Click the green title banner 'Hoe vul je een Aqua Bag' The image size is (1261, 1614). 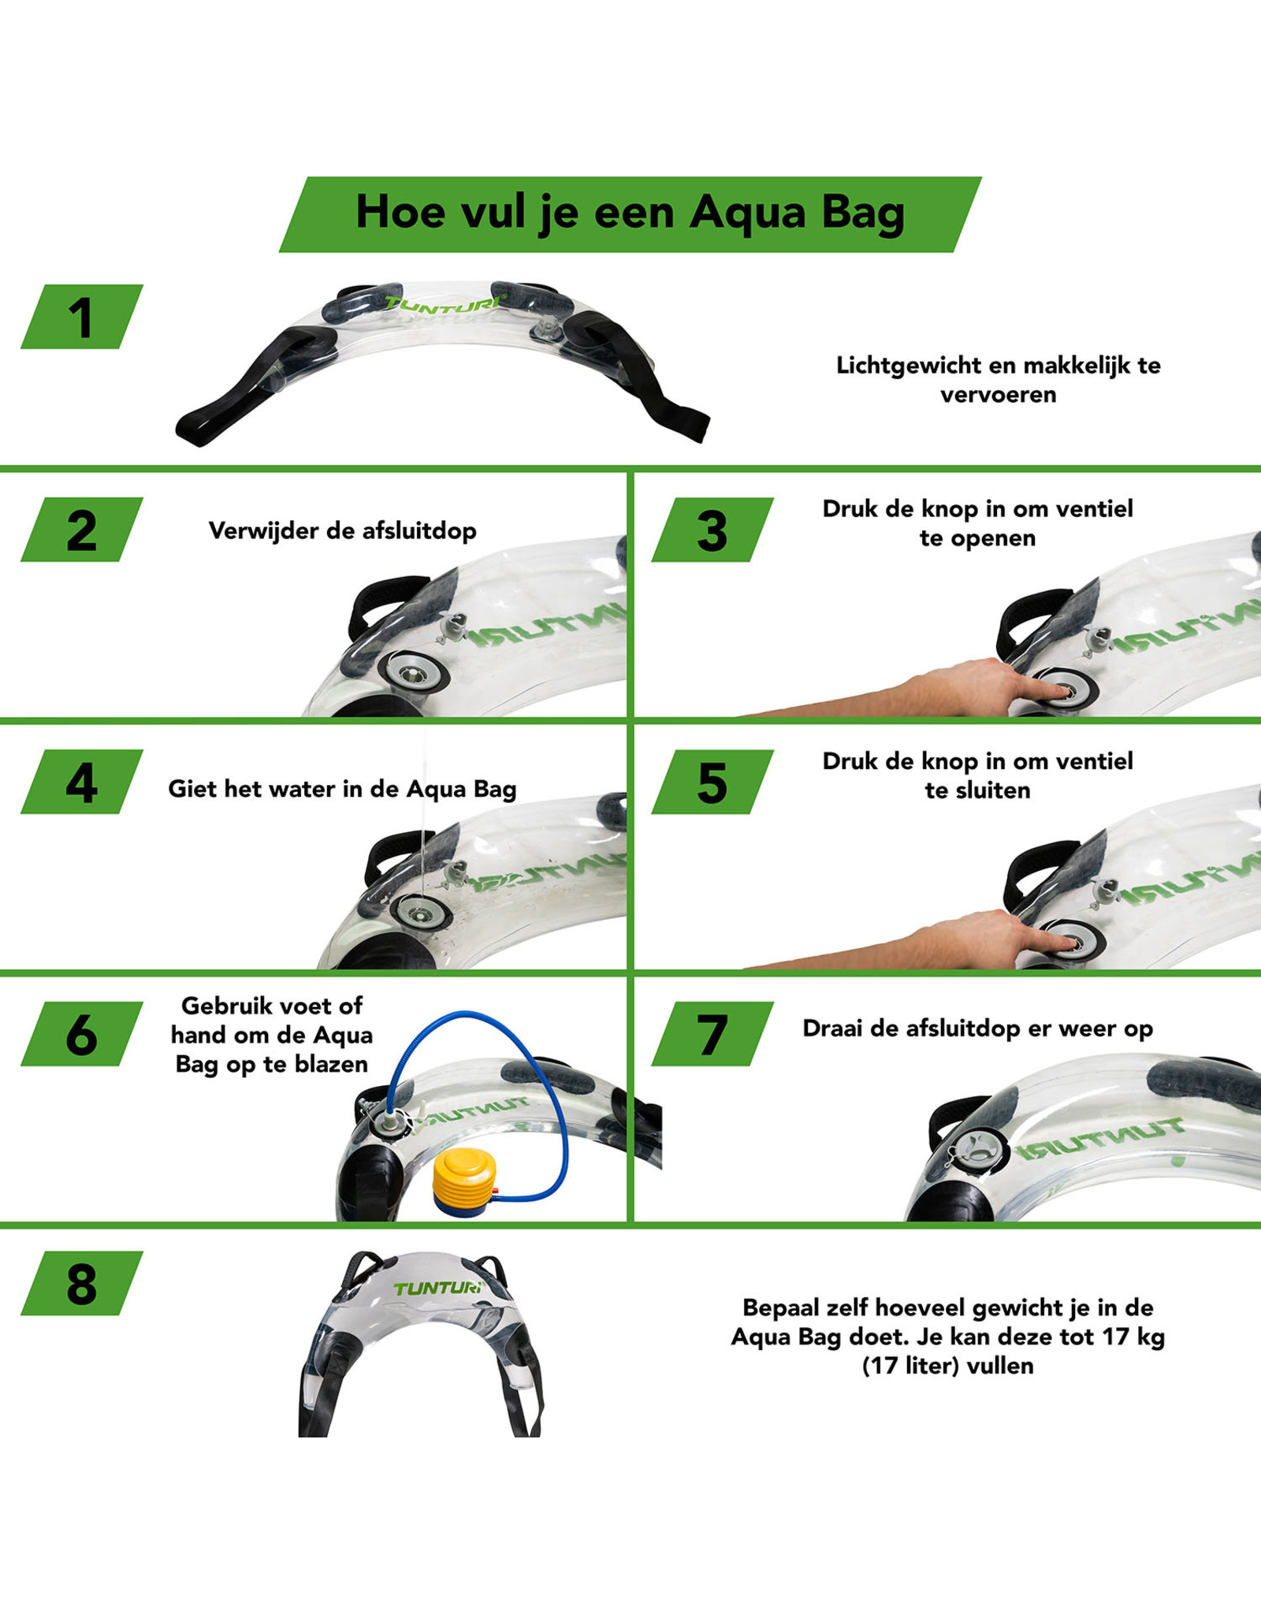click(x=630, y=214)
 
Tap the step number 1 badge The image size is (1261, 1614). click(x=81, y=317)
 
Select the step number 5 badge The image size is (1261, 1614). click(x=712, y=782)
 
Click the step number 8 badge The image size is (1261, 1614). click(x=81, y=1284)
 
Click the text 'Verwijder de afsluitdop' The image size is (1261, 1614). click(x=342, y=530)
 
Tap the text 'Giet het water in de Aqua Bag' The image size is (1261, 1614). click(x=342, y=789)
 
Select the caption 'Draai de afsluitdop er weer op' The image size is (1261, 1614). click(x=977, y=1028)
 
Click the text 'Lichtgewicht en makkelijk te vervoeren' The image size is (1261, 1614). click(x=998, y=379)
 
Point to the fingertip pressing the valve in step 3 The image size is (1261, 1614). click(x=1060, y=691)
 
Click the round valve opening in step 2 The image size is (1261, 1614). click(x=412, y=673)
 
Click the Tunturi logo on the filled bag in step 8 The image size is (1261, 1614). click(x=438, y=1288)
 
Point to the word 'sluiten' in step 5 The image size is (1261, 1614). click(x=999, y=790)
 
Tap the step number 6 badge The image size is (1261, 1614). click(x=81, y=1034)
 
